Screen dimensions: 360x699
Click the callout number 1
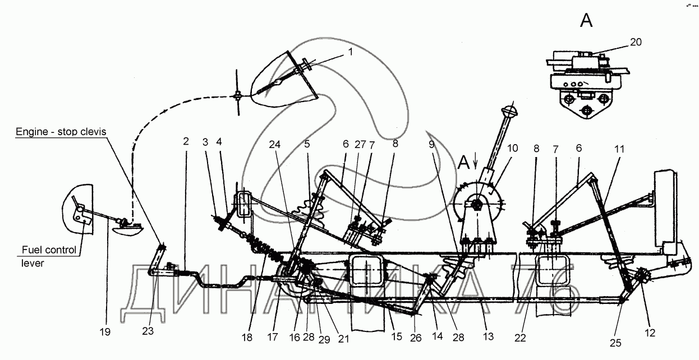350,52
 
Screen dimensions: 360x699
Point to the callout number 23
148,331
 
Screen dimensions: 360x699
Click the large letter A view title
586,21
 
